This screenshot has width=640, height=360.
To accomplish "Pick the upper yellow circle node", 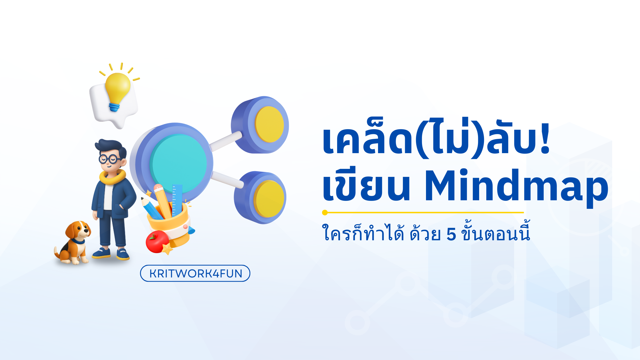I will click(269, 125).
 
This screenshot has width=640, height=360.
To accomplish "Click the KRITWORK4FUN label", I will click(195, 273).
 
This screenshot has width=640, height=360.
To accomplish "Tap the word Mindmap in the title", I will click(516, 187).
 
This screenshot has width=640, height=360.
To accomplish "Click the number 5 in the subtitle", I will click(451, 235).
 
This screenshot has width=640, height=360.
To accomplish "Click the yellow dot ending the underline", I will click(325, 212).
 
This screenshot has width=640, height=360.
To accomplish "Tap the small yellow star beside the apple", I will click(167, 249).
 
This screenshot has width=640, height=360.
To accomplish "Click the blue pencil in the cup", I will click(151, 209).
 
